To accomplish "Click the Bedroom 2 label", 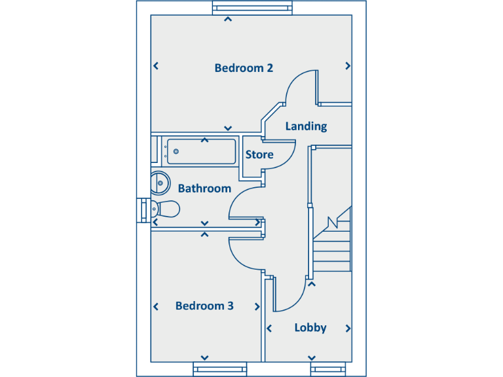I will coord(244,68).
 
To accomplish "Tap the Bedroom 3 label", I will coord(204,306).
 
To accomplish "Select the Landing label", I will coord(306,126).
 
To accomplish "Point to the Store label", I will coord(259,155).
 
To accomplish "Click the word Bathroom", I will coord(204,188).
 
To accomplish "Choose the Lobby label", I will coord(310,328).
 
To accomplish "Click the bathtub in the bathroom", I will coord(200,152).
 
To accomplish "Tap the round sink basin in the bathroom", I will coord(159,183).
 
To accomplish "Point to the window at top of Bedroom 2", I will coord(252,7).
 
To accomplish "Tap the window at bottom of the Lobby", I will coord(327,368).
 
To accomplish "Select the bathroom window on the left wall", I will coord(143,209).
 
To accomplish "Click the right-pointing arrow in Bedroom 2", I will coord(348,66).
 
